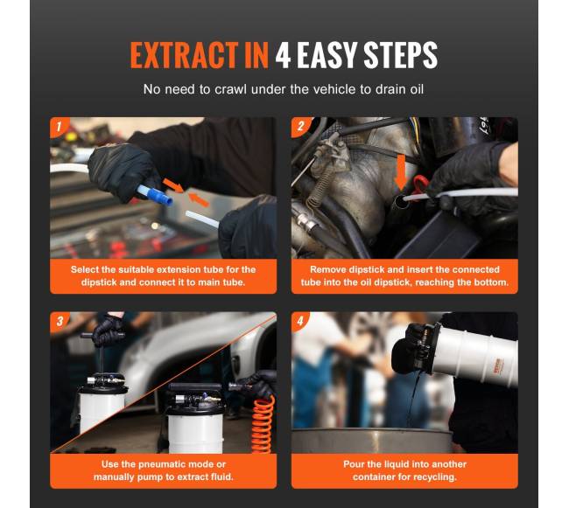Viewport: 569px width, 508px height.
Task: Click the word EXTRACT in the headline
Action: tap(184, 55)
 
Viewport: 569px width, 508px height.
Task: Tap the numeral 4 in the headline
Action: tap(283, 55)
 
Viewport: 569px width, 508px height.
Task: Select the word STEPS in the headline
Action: tap(400, 55)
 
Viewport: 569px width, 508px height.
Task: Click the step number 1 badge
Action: tap(59, 127)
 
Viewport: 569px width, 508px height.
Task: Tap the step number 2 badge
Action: tap(300, 127)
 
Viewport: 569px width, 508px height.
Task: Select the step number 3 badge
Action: tap(60, 321)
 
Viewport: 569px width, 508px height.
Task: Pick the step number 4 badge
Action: tap(300, 321)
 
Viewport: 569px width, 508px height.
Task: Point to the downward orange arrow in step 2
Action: tap(401, 172)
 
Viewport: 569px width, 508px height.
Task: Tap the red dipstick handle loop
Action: tap(421, 184)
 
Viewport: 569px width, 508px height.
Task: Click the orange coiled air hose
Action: tap(263, 424)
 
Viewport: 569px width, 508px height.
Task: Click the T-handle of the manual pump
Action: tap(102, 336)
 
